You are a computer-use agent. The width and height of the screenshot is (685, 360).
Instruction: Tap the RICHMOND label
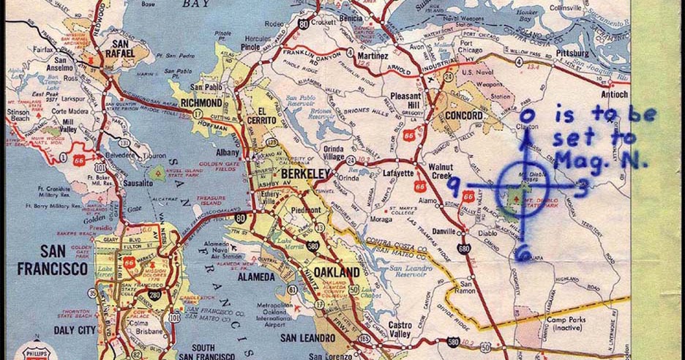point(201,103)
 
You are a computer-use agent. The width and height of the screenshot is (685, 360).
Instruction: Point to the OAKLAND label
point(339,272)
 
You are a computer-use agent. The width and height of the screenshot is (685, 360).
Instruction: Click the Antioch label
point(615,94)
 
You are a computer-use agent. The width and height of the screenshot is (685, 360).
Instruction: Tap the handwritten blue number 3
point(578,190)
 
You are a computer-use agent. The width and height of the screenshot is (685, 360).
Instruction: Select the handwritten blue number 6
point(522,254)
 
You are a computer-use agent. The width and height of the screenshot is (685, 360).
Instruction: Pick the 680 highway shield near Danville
point(463,250)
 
